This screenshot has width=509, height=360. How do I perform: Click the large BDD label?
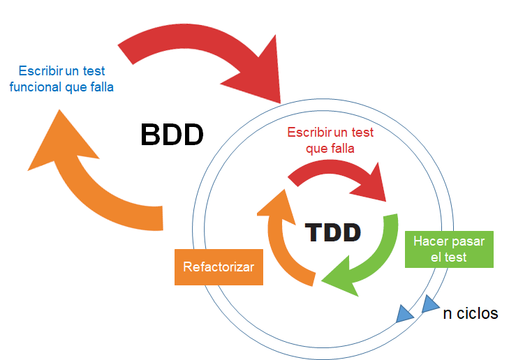(172, 134)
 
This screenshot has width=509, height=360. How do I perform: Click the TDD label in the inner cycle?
(333, 232)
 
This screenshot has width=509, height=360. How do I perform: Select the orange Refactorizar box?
(219, 267)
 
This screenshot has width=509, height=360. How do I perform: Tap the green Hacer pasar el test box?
(449, 249)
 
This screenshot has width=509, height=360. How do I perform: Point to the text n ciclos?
(471, 313)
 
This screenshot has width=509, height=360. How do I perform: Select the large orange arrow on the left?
(98, 188)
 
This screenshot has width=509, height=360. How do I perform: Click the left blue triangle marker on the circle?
(404, 314)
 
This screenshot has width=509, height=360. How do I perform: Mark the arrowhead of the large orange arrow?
(63, 140)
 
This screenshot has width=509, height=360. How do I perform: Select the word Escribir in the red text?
(310, 132)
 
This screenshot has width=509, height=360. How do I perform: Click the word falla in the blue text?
(100, 88)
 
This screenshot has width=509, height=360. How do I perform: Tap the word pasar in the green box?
(469, 241)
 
